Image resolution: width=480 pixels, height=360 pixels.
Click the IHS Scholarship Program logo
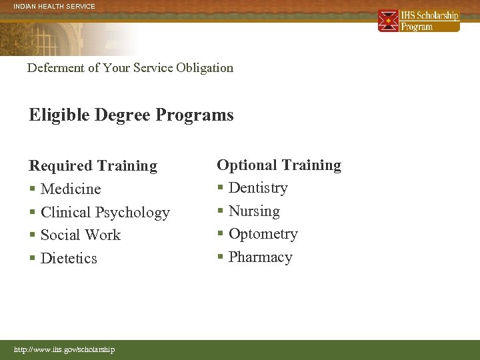(x=419, y=21)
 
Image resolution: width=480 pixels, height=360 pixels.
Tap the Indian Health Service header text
(x=55, y=7)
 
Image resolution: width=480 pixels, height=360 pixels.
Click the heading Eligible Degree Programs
(x=131, y=115)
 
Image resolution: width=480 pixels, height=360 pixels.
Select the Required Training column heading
(x=93, y=165)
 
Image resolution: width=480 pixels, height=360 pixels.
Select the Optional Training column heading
(x=279, y=165)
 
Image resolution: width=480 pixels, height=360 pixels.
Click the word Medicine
(x=71, y=189)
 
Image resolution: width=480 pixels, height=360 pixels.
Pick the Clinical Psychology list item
(x=105, y=212)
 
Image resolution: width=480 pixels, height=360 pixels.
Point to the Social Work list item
(x=80, y=235)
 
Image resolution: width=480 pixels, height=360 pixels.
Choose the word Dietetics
(x=69, y=258)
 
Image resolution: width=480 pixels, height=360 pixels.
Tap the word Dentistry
(x=258, y=187)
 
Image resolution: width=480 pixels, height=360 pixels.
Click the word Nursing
(x=254, y=211)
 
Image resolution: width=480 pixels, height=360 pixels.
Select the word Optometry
(x=263, y=233)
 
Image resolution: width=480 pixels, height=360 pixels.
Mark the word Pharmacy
(x=260, y=257)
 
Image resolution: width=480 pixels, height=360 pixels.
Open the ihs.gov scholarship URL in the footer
(x=65, y=349)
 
